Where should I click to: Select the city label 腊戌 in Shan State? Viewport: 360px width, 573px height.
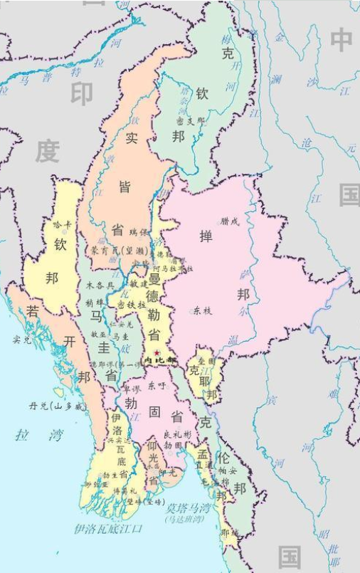231,221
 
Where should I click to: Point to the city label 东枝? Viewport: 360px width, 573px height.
202,310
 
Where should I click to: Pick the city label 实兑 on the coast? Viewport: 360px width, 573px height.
22,340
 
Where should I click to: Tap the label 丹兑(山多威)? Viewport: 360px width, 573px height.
56,406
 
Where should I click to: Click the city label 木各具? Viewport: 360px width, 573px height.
100,285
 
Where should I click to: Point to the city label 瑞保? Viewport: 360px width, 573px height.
138,232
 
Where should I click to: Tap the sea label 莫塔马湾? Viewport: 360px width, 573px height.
188,509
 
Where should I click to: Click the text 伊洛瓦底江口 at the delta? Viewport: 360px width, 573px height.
108,529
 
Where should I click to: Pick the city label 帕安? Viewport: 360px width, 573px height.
228,471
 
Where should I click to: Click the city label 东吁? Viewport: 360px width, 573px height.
157,385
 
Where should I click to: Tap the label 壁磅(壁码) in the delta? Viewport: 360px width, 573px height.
144,502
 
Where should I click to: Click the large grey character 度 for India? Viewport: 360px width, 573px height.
48,150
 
